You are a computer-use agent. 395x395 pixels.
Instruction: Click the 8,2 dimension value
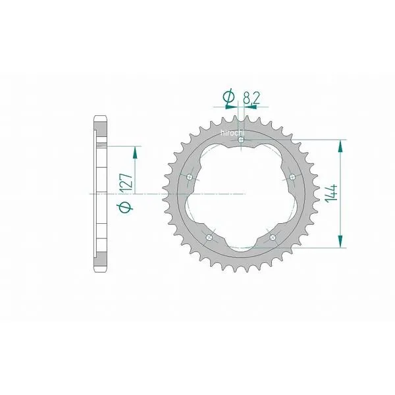pyautogui.click(x=251, y=98)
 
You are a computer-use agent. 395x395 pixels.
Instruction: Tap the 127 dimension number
pyautogui.click(x=126, y=182)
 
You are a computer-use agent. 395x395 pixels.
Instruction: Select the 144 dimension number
pyautogui.click(x=331, y=193)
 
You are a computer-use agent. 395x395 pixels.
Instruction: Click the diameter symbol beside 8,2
pyautogui.click(x=228, y=97)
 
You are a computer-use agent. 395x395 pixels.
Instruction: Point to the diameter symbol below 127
pyautogui.click(x=124, y=207)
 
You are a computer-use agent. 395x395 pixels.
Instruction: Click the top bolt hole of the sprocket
pyautogui.click(x=241, y=140)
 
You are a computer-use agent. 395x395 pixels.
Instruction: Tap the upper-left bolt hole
pyautogui.click(x=190, y=177)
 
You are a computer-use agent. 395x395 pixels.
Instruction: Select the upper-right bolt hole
pyautogui.click(x=292, y=177)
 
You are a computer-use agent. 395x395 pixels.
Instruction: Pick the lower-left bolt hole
pyautogui.click(x=209, y=237)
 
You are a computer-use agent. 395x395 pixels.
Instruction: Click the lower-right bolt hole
pyautogui.click(x=273, y=237)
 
